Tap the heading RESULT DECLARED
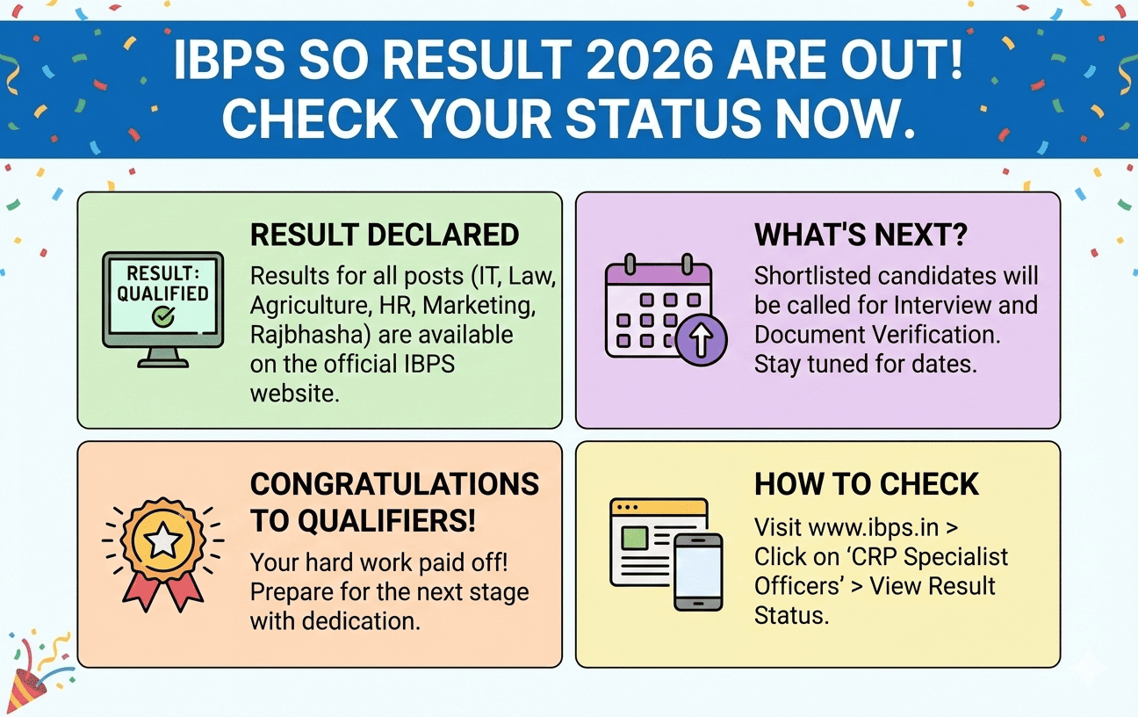click(x=385, y=235)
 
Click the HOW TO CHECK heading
click(x=867, y=484)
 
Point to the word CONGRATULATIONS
click(x=394, y=484)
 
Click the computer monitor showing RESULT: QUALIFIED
click(x=162, y=303)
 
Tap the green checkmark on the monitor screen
click(x=162, y=316)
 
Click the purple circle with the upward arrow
click(x=701, y=339)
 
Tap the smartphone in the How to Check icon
click(x=698, y=571)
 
